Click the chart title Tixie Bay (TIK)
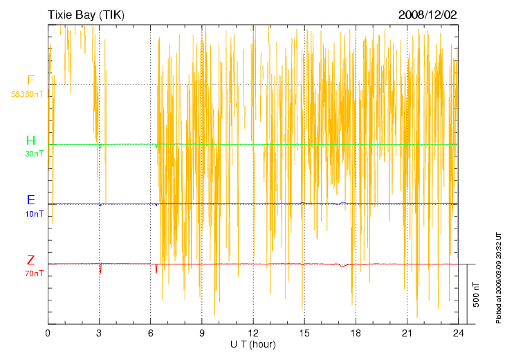click(x=88, y=14)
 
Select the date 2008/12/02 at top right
click(x=428, y=14)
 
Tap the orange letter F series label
click(x=30, y=81)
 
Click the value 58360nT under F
click(x=28, y=93)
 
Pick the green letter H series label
click(x=30, y=141)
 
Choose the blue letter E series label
click(x=30, y=200)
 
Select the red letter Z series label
click(x=30, y=260)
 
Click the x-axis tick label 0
click(x=48, y=333)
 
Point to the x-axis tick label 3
click(x=99, y=333)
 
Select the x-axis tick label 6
click(x=150, y=333)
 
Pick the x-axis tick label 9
click(x=201, y=333)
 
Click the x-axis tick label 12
click(x=253, y=333)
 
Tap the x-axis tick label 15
click(x=304, y=333)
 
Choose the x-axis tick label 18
click(x=356, y=333)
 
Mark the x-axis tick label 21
click(x=407, y=333)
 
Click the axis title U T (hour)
click(x=253, y=344)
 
